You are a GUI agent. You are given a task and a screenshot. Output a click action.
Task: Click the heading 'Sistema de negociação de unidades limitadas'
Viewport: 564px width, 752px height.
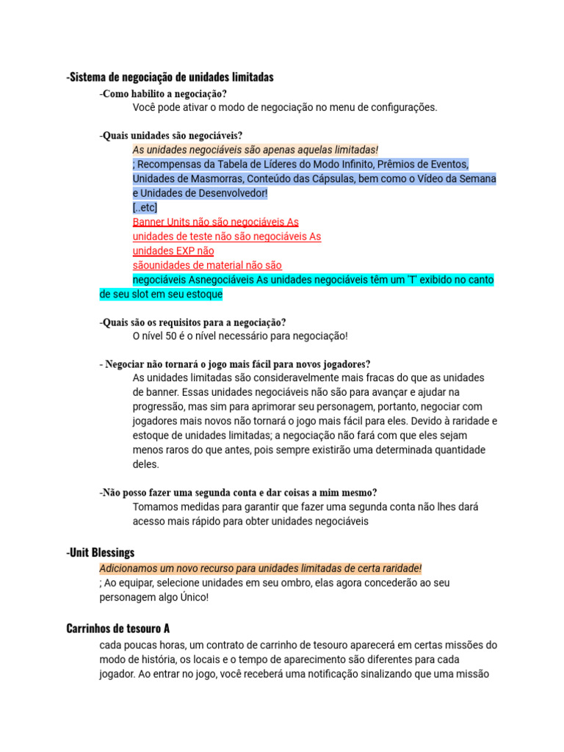(x=170, y=77)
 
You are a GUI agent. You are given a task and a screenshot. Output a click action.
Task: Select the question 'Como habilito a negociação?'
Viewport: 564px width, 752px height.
(x=164, y=94)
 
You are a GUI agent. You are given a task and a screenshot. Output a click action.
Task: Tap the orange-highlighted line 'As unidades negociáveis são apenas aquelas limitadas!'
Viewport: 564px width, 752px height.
(x=255, y=150)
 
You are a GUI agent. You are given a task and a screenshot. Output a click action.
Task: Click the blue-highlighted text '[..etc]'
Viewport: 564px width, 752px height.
(x=145, y=207)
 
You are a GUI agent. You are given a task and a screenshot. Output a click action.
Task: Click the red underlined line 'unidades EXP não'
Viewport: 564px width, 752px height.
(x=173, y=250)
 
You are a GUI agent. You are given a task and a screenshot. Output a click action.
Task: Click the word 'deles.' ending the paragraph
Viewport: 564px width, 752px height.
(x=145, y=464)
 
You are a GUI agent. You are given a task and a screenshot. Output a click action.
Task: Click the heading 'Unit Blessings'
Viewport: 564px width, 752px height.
(x=101, y=552)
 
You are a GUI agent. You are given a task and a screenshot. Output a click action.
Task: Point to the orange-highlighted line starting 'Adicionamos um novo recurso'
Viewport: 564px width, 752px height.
(x=261, y=568)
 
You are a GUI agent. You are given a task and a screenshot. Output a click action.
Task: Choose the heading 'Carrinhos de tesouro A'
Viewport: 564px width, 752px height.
(x=118, y=629)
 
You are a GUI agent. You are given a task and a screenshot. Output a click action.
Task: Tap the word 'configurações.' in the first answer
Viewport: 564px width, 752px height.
(x=402, y=107)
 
